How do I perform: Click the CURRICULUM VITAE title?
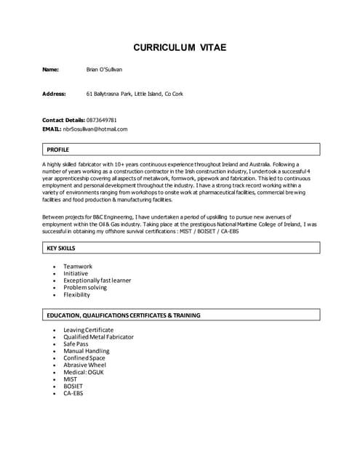[x=180, y=48]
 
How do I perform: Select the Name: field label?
[x=50, y=70]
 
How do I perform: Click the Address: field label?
[x=54, y=94]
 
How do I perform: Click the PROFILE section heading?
[x=57, y=149]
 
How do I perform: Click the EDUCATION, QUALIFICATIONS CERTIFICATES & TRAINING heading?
[x=124, y=315]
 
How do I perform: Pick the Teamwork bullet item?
[x=78, y=267]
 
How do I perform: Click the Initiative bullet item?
[x=76, y=274]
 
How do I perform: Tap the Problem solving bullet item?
[x=85, y=288]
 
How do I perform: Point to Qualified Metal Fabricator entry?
[x=98, y=337]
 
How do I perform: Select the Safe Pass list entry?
[x=76, y=344]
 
